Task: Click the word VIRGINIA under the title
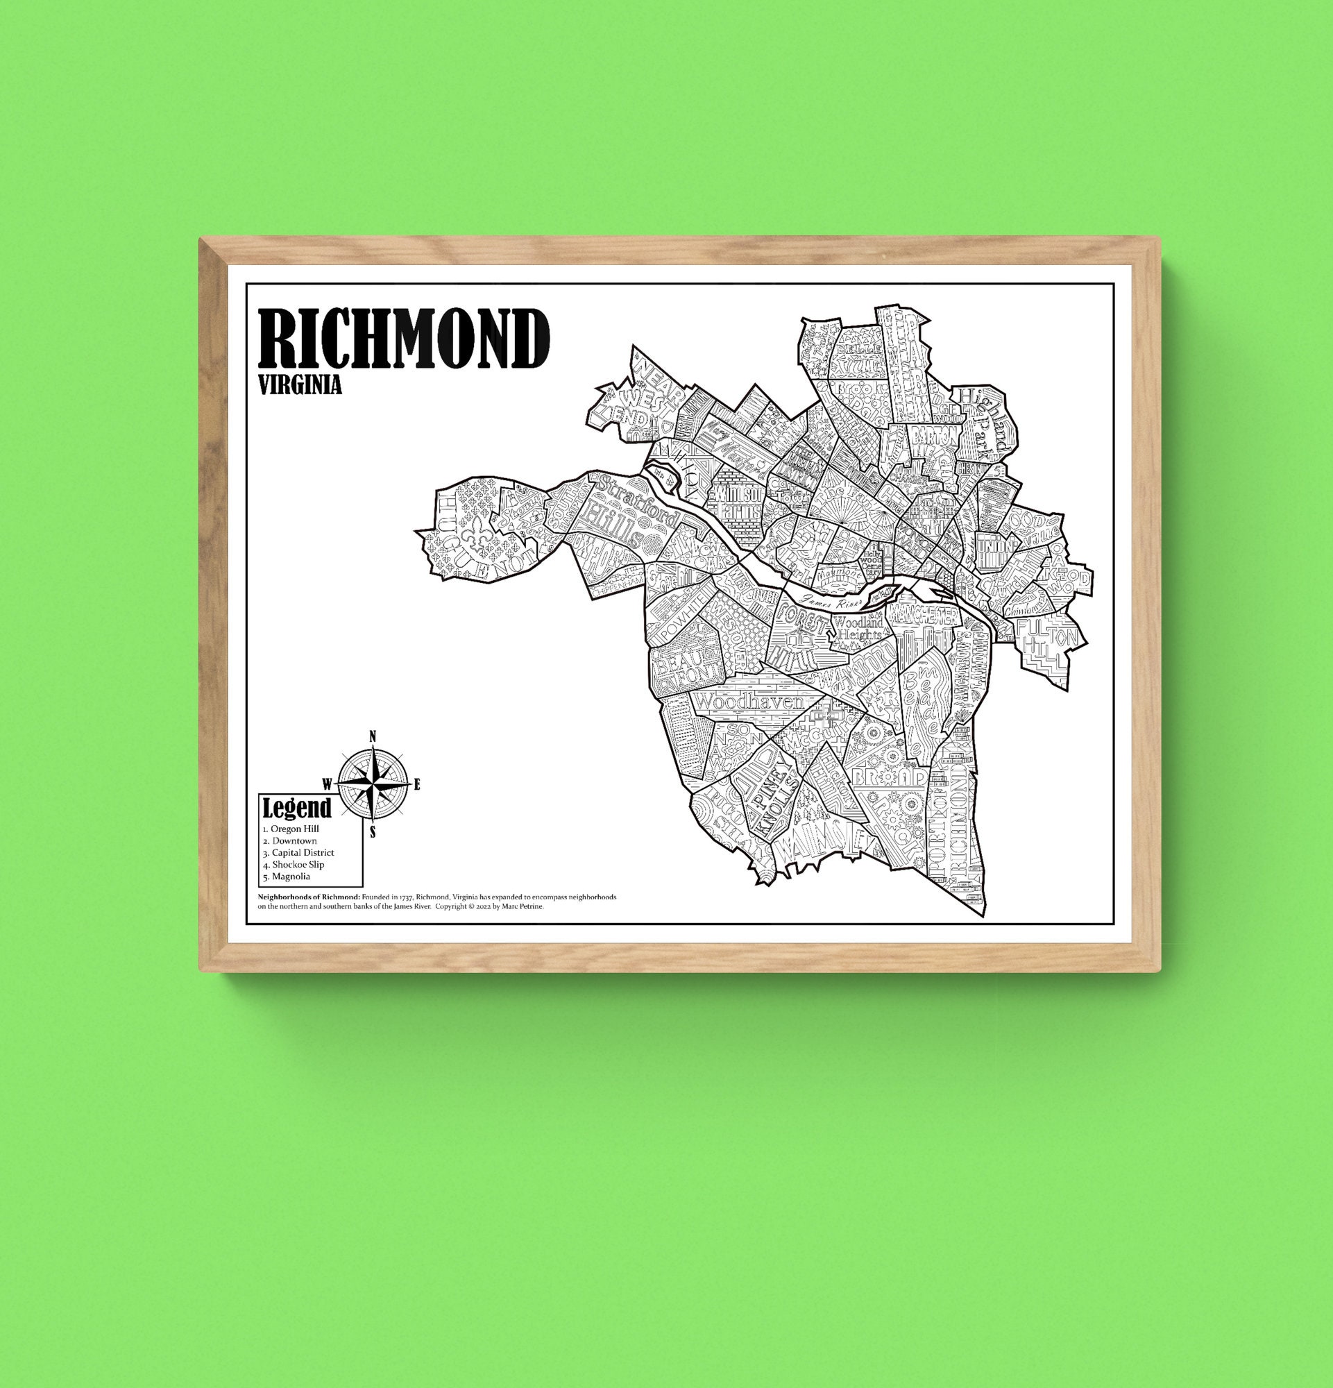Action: pyautogui.click(x=300, y=385)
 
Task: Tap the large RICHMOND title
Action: pyautogui.click(x=404, y=339)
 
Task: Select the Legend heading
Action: pyautogui.click(x=296, y=808)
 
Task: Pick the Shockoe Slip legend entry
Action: pyautogui.click(x=294, y=865)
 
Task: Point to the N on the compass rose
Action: pyautogui.click(x=373, y=736)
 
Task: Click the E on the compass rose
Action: pyautogui.click(x=417, y=784)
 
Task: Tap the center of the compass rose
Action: pyautogui.click(x=373, y=784)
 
